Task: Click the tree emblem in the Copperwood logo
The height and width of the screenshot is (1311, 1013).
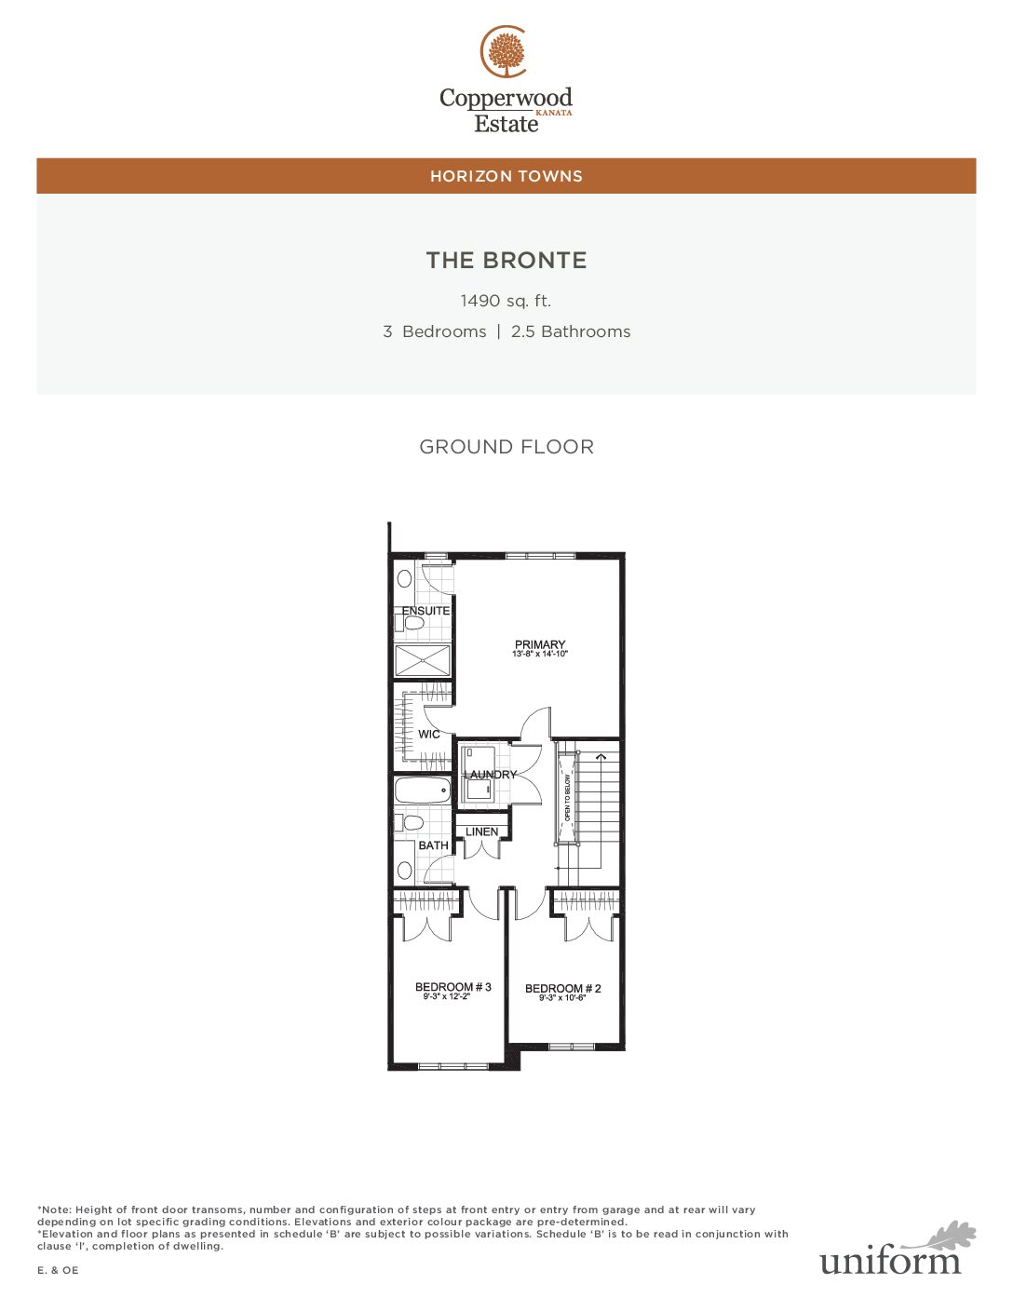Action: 506,52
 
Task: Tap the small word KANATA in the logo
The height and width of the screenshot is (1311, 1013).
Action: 553,113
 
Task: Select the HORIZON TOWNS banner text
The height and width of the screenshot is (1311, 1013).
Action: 506,176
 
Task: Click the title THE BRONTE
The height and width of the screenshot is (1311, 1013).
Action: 506,260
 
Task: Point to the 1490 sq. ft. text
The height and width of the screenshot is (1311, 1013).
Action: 506,301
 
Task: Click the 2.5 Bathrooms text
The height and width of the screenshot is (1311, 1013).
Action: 570,331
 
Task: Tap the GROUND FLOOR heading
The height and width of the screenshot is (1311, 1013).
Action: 506,447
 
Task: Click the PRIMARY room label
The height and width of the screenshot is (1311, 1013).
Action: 540,644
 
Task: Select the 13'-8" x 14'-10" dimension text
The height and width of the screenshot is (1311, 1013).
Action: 540,654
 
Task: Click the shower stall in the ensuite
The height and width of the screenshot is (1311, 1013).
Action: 423,661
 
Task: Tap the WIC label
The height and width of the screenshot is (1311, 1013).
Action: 429,735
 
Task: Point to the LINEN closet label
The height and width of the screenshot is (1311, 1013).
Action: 481,831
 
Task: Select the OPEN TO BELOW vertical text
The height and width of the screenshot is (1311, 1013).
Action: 567,798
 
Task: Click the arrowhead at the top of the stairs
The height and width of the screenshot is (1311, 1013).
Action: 601,756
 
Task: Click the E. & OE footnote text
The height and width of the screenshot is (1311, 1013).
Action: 58,1270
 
